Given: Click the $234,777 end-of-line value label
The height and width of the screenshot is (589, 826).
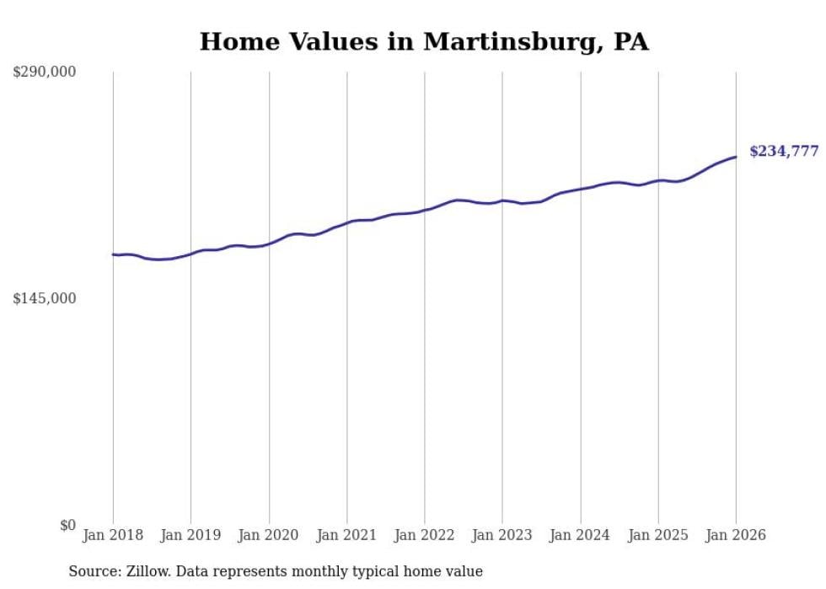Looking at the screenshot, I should coord(784,152).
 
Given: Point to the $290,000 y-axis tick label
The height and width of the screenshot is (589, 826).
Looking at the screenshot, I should coord(45,72).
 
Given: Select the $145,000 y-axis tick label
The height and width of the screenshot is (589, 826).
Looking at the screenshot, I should coord(45,298).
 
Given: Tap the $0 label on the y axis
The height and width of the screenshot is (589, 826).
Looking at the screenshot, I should coord(67,525).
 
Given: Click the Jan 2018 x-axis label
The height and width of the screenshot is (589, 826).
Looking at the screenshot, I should coord(113,535).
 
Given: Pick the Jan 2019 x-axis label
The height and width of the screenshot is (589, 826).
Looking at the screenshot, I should coord(190,535).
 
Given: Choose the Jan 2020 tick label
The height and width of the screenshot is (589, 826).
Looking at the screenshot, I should coord(269,535).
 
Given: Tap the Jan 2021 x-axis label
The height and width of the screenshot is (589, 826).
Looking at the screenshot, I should coord(346,535).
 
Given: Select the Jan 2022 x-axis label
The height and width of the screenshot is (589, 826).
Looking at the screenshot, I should coord(425,535).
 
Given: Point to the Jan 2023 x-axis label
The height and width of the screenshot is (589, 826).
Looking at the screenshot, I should coord(502,535).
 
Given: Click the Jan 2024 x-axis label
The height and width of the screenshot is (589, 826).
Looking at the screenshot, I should coord(580,535).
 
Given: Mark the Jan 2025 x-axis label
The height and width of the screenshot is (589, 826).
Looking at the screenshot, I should coord(658,535).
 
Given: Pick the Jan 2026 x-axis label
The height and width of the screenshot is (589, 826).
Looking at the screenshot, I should coord(736,535).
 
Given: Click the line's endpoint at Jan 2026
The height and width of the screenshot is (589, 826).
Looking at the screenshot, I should coord(736,157).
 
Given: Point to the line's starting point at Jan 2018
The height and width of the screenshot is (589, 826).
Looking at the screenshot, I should coord(113,254).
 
